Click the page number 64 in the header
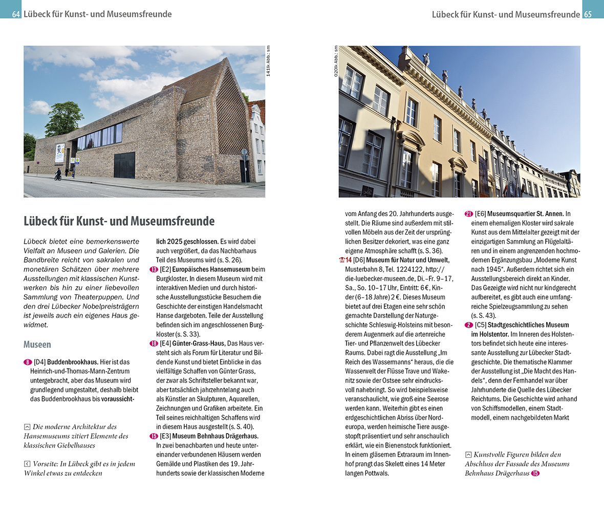point(16,14)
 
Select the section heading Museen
point(37,345)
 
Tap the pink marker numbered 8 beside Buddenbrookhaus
point(28,362)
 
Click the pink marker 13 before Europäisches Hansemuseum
point(154,269)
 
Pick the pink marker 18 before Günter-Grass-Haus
point(154,343)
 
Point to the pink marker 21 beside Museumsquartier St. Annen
point(468,214)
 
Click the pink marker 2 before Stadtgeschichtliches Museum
point(468,325)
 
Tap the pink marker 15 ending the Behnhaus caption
point(535,474)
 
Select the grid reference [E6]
point(480,214)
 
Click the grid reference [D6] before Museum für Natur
point(358,260)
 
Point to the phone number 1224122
point(407,269)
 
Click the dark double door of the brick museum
point(124,165)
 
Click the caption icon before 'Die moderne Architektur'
point(27,426)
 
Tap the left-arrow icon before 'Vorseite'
point(27,464)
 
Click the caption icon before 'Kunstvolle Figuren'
point(468,455)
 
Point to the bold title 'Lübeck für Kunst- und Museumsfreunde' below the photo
point(119,221)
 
